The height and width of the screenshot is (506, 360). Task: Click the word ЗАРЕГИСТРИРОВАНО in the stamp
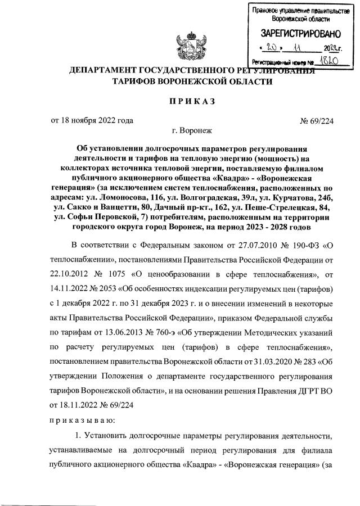(x=297, y=34)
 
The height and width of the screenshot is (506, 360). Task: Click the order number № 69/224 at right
(x=317, y=120)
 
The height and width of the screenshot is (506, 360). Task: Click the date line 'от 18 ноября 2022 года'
(x=92, y=120)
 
